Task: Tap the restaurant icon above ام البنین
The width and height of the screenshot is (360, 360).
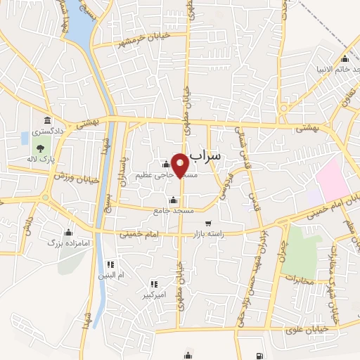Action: (x=110, y=264)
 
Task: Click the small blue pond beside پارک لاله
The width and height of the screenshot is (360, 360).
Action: (x=26, y=136)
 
